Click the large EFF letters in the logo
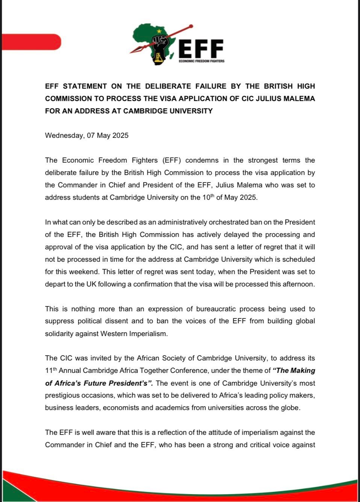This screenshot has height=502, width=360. coord(201,49)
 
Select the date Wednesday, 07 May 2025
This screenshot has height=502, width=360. coord(86,136)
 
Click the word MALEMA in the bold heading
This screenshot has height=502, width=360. coord(298,98)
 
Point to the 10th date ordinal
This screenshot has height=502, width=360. coord(211,197)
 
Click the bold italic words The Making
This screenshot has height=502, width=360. coord(293,371)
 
